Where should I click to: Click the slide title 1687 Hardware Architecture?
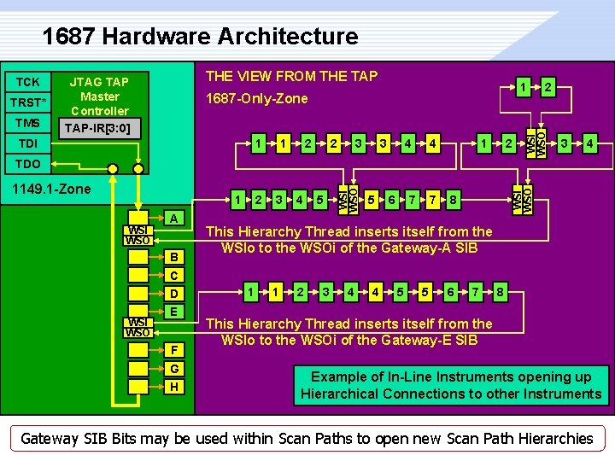[200, 37]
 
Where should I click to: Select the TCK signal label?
[27, 82]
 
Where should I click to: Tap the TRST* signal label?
[27, 102]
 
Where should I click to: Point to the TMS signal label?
[27, 123]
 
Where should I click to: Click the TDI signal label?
[27, 143]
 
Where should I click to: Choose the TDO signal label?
[27, 163]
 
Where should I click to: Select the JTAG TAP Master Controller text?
[99, 96]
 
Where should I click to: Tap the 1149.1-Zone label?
[48, 188]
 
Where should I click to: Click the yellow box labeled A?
[174, 219]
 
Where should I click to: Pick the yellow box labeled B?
[174, 257]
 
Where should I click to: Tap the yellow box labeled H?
[174, 387]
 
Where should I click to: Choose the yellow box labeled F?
[174, 349]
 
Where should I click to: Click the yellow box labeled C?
[174, 276]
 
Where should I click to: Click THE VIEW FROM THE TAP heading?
[292, 77]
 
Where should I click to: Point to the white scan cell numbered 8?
[454, 200]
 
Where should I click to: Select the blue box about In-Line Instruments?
[451, 385]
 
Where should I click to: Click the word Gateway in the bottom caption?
[50, 439]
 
